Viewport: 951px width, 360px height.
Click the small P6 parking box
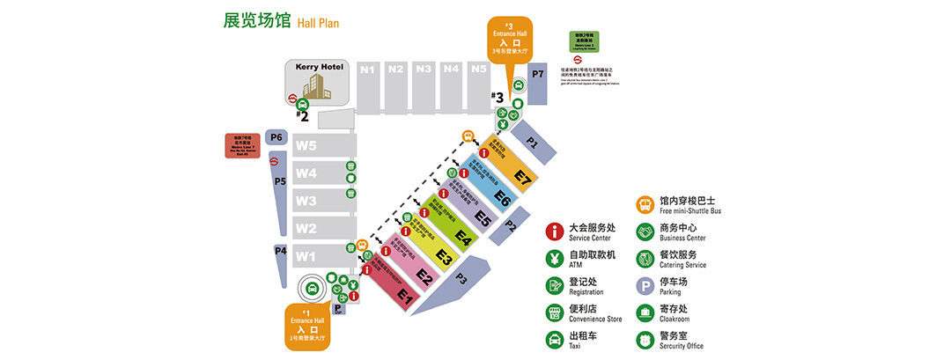coord(276,137)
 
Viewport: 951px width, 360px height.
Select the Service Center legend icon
coord(555,231)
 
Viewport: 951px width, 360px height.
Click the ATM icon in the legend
coord(555,259)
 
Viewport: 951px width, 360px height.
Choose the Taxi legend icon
coord(555,339)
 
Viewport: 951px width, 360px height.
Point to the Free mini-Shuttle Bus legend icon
coord(645,205)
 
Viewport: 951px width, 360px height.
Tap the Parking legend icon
coord(645,285)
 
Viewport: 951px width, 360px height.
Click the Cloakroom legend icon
coord(645,312)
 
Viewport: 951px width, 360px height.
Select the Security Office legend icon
coord(645,339)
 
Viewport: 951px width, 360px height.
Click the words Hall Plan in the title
coord(318,23)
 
